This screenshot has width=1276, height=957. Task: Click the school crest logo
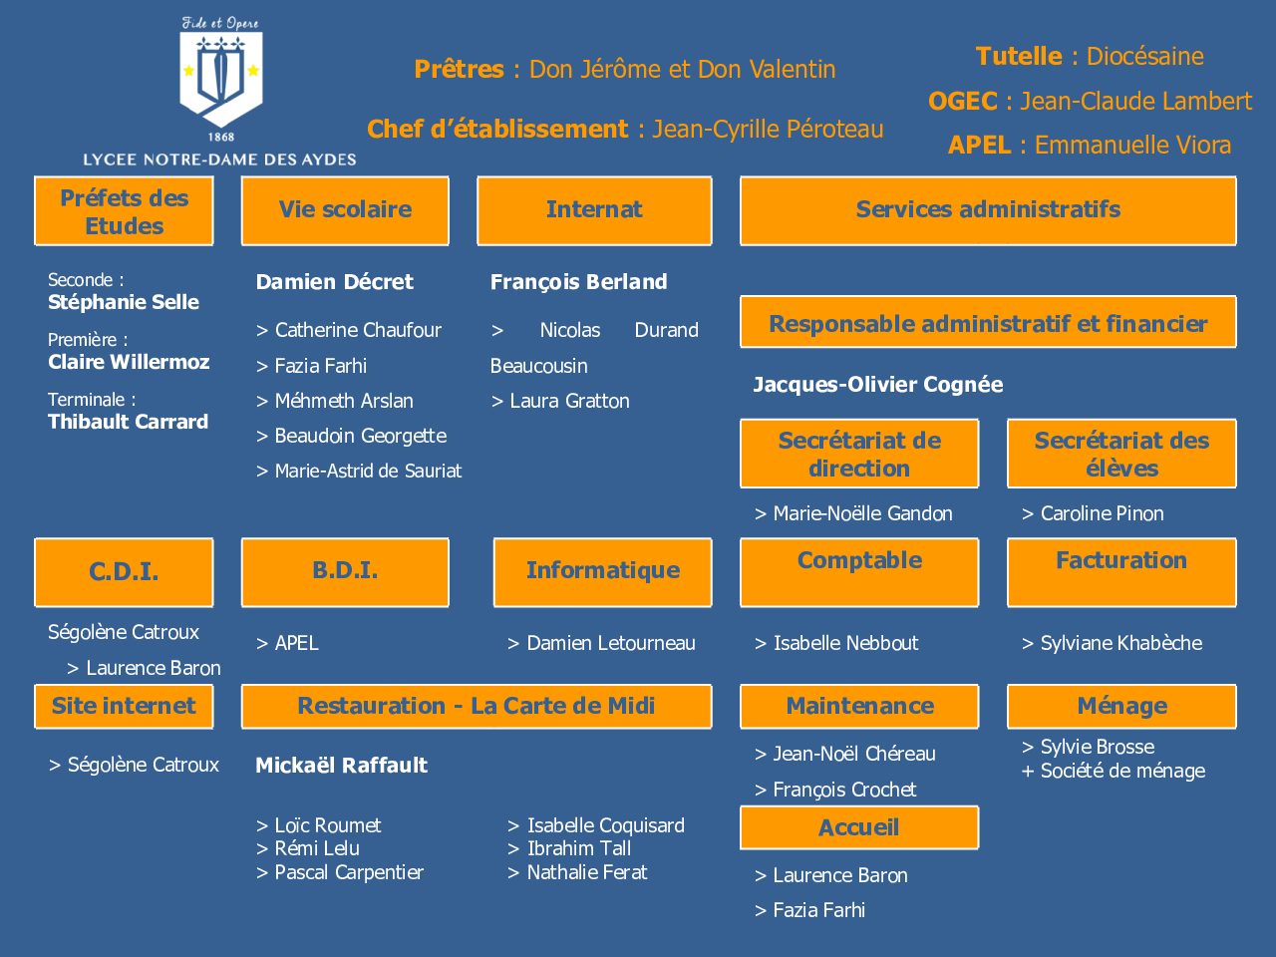point(221,79)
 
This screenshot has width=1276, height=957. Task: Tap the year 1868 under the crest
point(221,138)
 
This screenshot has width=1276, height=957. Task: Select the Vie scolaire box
point(345,210)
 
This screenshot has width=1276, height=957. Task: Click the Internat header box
point(594,210)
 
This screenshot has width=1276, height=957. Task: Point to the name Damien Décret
point(334,282)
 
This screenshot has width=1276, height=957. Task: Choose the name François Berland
point(578,282)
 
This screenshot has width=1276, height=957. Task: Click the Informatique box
point(603,572)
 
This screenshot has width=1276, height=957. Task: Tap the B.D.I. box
point(345,572)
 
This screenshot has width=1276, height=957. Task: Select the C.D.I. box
point(124,572)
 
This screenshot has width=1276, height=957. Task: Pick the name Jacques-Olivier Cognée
point(878,385)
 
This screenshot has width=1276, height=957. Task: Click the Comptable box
point(859,572)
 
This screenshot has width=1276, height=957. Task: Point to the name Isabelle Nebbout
point(845,643)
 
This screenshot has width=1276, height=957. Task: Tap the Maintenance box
point(859,707)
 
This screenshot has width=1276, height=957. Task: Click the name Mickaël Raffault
point(341,766)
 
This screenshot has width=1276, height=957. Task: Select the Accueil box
point(859,827)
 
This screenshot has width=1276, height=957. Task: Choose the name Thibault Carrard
point(128,422)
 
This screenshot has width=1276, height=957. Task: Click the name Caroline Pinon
point(1102,513)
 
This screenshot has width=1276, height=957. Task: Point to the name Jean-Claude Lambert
point(1135,101)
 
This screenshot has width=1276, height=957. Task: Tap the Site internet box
point(124,707)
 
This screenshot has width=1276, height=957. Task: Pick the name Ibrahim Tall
point(578,849)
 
